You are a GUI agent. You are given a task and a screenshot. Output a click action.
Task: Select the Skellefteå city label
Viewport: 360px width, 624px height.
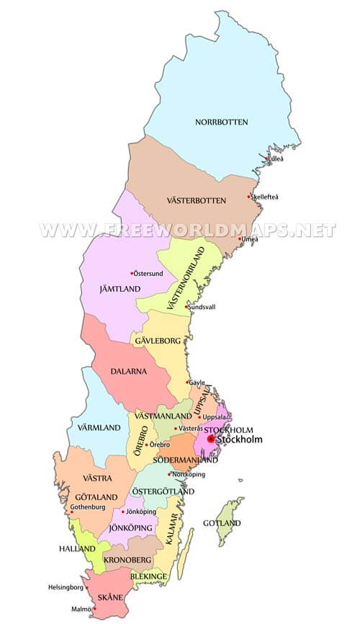click(x=265, y=197)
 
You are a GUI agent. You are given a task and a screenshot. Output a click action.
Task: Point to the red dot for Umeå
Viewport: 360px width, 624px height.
click(x=239, y=239)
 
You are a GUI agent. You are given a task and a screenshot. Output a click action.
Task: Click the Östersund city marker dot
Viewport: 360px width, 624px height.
click(x=132, y=273)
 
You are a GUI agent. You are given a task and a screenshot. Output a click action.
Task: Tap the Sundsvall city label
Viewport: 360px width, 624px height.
click(x=202, y=306)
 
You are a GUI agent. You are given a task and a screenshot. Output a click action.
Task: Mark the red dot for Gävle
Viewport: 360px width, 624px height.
click(x=188, y=382)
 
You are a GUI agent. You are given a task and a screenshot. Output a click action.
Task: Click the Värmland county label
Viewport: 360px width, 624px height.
click(x=94, y=428)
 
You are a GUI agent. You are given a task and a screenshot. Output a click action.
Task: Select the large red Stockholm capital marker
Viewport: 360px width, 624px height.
click(x=210, y=439)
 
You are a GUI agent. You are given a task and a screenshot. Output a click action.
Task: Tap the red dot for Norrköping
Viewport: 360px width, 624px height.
click(x=170, y=474)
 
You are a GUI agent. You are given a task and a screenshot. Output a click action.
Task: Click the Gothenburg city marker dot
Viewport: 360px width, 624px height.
click(x=71, y=512)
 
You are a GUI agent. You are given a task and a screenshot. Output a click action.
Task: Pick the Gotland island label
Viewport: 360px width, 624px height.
click(x=222, y=523)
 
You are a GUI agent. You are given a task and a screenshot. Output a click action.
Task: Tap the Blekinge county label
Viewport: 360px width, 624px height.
click(x=149, y=576)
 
